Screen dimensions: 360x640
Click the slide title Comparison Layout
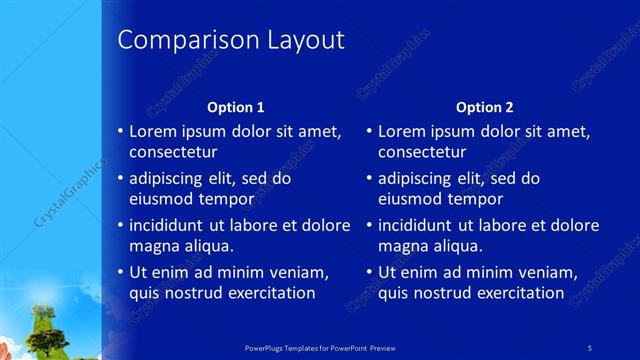(x=231, y=40)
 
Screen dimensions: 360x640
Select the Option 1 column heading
(x=235, y=106)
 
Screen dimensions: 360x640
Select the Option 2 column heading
(x=484, y=106)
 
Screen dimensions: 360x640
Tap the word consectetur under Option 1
(x=173, y=152)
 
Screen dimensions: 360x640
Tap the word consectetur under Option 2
(x=421, y=152)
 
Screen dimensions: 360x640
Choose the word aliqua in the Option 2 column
(x=457, y=246)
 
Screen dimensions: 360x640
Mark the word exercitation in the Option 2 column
(x=515, y=293)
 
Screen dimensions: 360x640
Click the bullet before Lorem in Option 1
(x=120, y=131)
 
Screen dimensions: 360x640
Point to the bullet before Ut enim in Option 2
(x=369, y=272)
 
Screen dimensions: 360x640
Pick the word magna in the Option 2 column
(x=400, y=246)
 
